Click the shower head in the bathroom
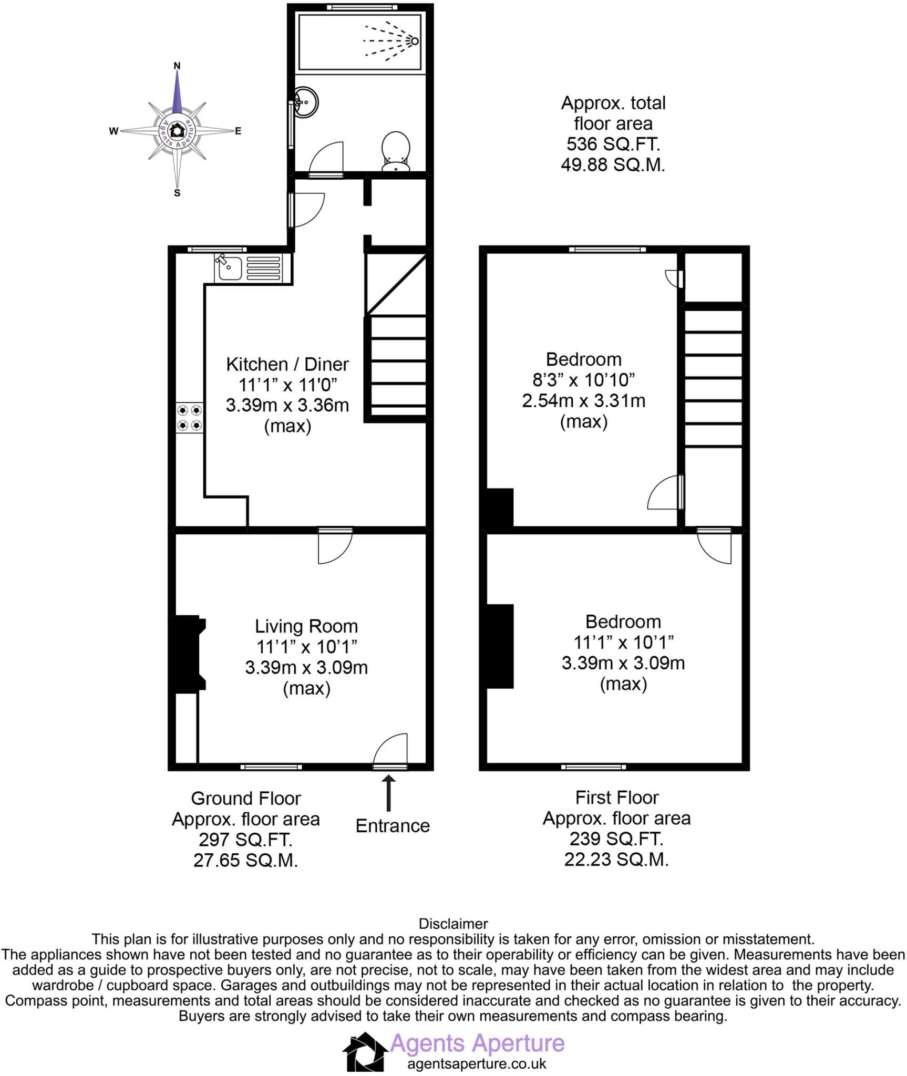[414, 41]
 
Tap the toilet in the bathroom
[396, 151]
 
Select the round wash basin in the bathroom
[305, 101]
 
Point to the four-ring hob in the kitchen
[190, 418]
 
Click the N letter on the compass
[177, 66]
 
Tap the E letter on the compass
[238, 131]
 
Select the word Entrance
[393, 826]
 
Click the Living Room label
[306, 626]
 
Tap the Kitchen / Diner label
[287, 364]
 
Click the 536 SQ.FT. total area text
[613, 144]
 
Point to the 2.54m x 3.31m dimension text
[583, 401]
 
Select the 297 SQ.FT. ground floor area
[245, 840]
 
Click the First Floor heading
[616, 798]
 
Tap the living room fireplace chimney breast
[187, 653]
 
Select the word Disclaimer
[453, 924]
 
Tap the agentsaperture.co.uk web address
[477, 1064]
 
